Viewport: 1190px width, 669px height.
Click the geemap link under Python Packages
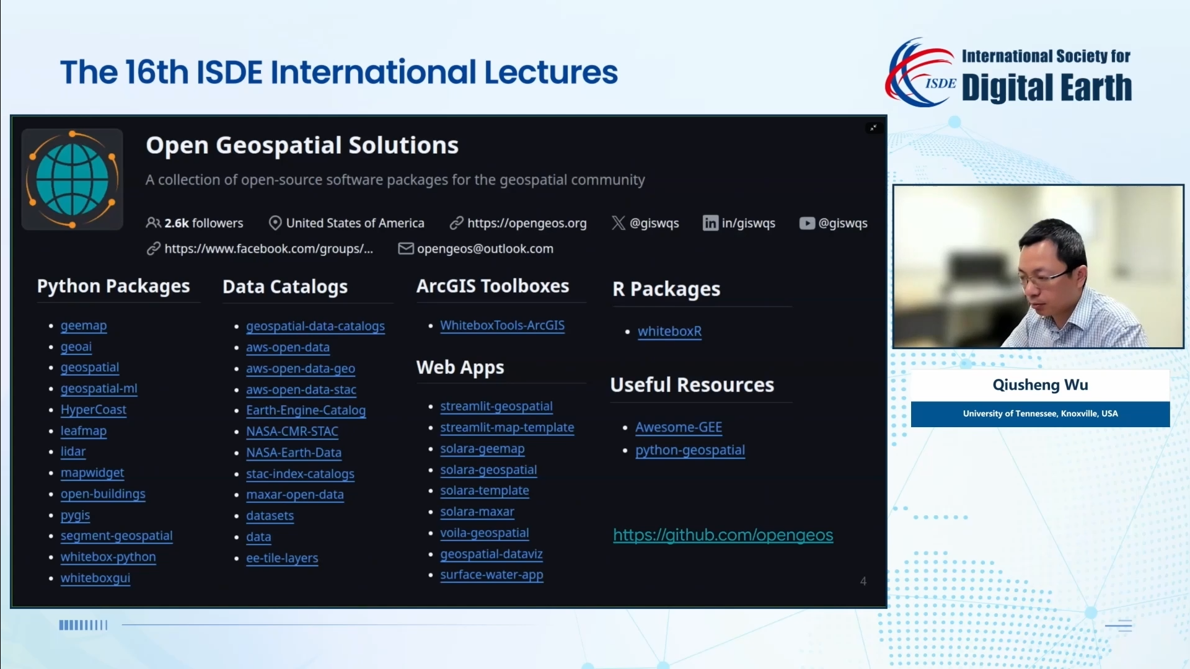(x=84, y=326)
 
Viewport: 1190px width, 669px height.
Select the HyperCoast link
(x=94, y=410)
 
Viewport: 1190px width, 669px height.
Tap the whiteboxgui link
(x=95, y=578)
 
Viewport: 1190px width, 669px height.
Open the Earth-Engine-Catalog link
(x=306, y=410)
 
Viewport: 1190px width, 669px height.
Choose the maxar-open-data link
(x=295, y=495)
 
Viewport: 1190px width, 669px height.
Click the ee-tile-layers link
(x=282, y=558)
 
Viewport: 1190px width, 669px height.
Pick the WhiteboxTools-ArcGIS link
(x=503, y=326)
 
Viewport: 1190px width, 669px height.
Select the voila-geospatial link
(x=485, y=533)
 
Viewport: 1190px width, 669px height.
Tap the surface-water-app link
(x=491, y=575)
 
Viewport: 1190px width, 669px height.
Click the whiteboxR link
(x=670, y=332)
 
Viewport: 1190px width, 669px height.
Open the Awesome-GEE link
(x=679, y=427)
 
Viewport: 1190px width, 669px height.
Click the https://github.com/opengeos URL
(x=723, y=535)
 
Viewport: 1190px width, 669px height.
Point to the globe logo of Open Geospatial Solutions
(x=73, y=180)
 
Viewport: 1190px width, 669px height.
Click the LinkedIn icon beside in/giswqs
(x=710, y=223)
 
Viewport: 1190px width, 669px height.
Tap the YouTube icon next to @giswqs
(x=807, y=223)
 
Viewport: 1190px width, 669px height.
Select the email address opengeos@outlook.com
(x=485, y=249)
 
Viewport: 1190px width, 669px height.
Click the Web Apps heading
(x=461, y=368)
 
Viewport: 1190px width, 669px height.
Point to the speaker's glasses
(x=1046, y=277)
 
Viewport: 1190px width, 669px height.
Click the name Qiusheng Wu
(x=1041, y=385)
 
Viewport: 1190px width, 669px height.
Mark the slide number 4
(x=863, y=582)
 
